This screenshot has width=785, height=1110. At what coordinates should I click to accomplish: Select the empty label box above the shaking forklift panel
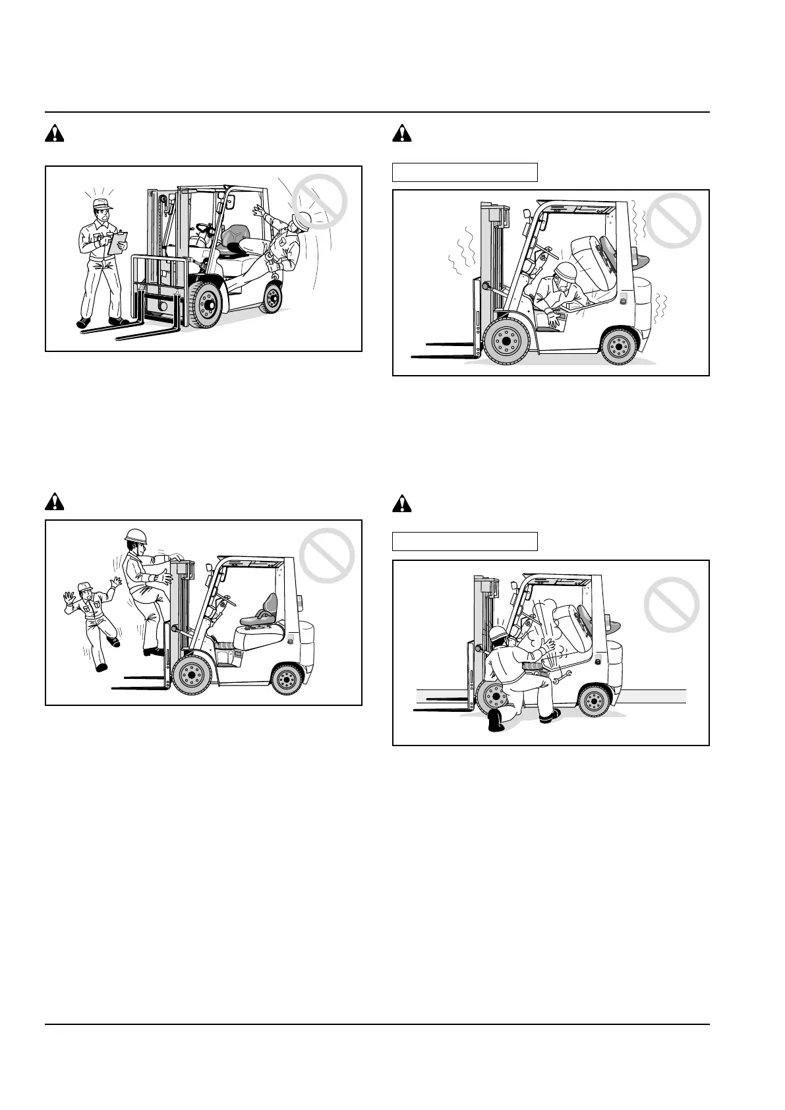coord(465,172)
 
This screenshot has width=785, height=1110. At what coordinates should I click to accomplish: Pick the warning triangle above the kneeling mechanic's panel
coord(402,504)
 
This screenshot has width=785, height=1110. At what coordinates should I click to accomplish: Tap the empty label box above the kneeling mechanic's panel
coord(465,541)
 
